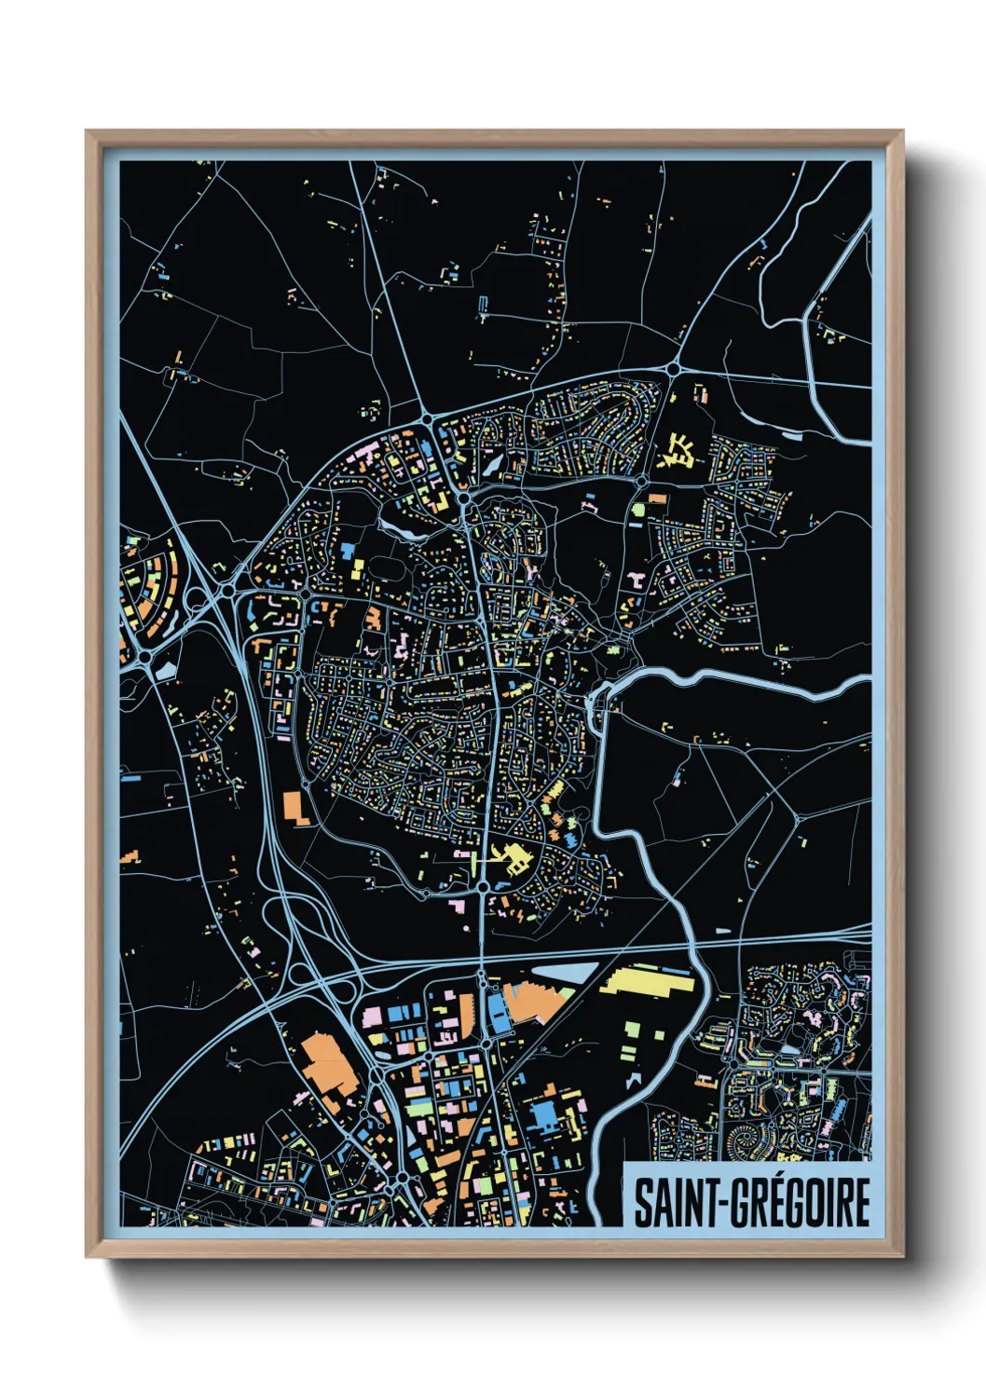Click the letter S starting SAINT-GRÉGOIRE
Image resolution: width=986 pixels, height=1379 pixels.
644,1202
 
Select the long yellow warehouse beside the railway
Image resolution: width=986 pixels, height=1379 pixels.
647,982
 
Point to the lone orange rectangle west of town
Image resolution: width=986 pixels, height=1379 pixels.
297,807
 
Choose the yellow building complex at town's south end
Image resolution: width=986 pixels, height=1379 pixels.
511,858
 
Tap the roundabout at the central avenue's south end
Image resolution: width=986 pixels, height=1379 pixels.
483,887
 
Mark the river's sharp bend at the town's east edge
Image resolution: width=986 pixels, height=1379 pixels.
598,695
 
